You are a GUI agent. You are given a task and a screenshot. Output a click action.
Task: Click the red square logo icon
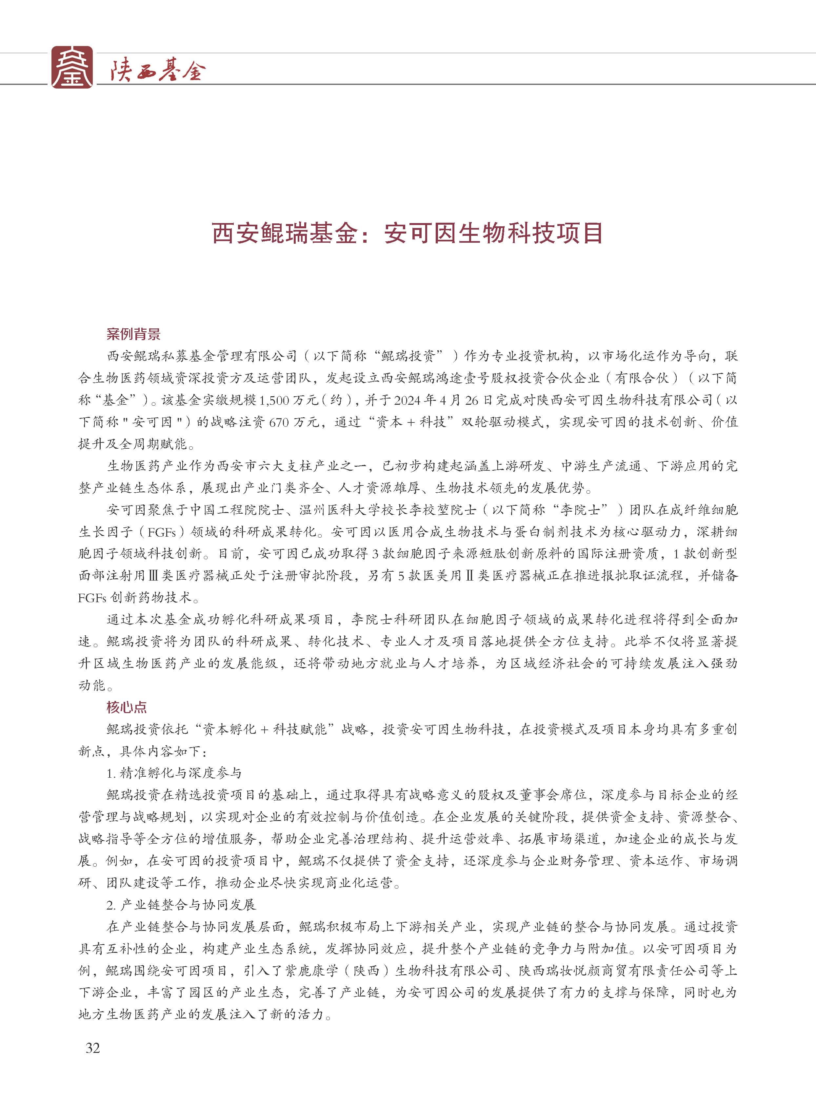tap(72, 67)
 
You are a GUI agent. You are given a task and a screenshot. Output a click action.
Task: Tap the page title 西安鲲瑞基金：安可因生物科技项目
tap(408, 233)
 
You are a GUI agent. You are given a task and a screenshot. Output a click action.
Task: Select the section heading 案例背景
tap(133, 334)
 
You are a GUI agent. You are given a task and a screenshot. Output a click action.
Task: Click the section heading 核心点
tap(127, 707)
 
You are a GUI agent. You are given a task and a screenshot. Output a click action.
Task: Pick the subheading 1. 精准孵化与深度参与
tap(174, 773)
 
